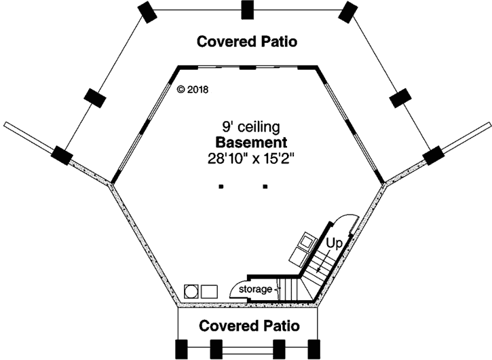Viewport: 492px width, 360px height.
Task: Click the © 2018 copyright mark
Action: pyautogui.click(x=193, y=89)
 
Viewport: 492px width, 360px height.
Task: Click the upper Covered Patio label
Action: pyautogui.click(x=247, y=41)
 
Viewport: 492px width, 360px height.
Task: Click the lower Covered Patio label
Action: pyautogui.click(x=248, y=325)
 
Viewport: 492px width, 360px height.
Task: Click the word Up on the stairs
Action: pyautogui.click(x=333, y=242)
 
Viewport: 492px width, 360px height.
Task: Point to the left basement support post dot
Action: pyautogui.click(x=221, y=186)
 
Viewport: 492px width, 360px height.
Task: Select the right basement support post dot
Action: pyautogui.click(x=265, y=186)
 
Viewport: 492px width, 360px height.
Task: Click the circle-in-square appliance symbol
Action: pyautogui.click(x=192, y=290)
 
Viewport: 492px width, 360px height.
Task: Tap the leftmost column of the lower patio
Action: pyautogui.click(x=182, y=348)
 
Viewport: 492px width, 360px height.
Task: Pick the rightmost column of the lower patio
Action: pyautogui.click(x=313, y=348)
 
